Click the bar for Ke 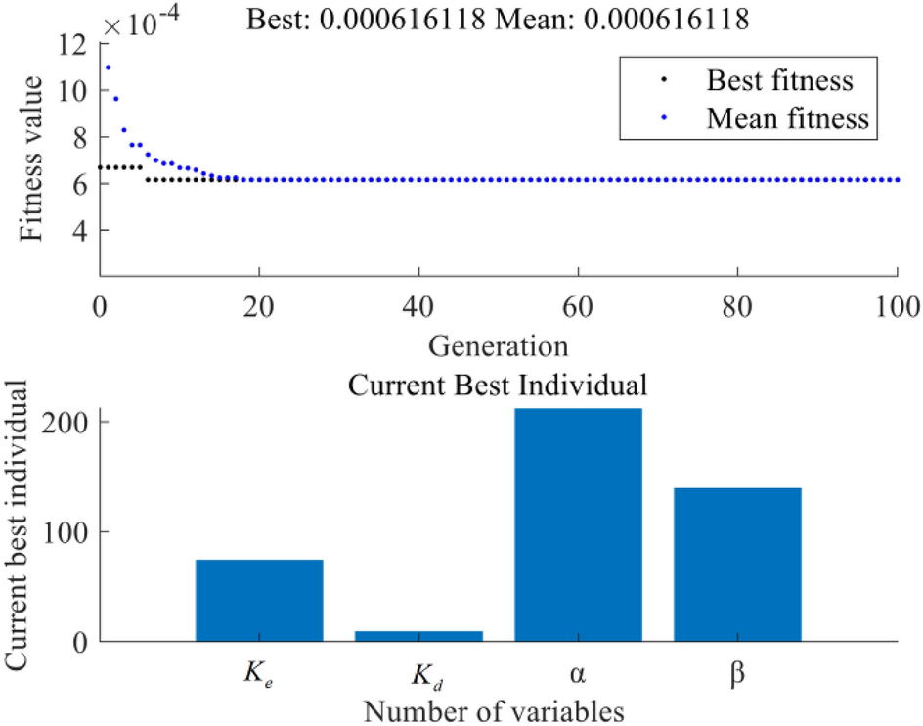[259, 600]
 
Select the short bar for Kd [418, 636]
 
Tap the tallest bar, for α [579, 524]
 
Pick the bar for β [738, 564]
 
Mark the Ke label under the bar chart [259, 674]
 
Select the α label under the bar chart [579, 675]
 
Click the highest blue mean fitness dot [108, 68]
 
